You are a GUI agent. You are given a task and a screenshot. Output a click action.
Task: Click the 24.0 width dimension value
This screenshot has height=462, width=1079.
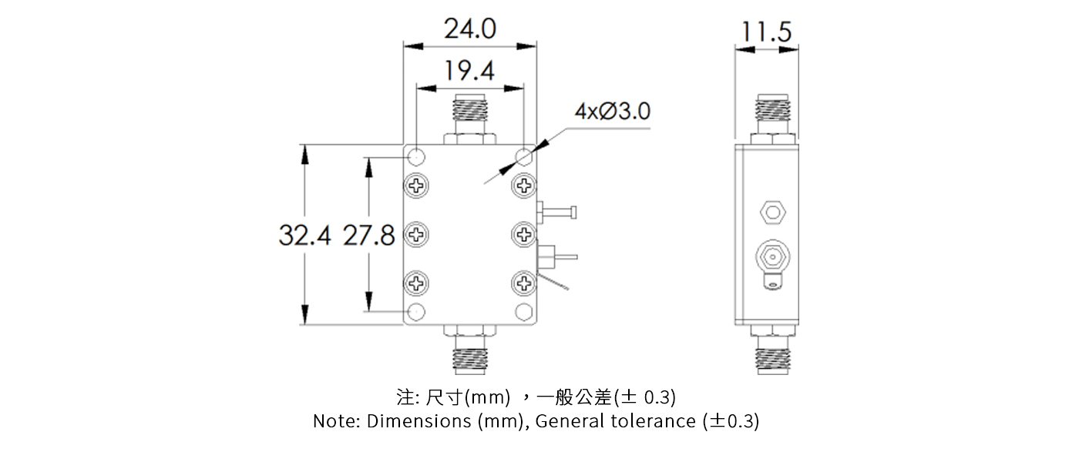(x=469, y=29)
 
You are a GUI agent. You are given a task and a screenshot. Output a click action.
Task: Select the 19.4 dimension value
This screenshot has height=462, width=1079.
(x=469, y=71)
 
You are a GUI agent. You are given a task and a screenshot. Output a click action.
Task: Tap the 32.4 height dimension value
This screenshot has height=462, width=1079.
(x=304, y=236)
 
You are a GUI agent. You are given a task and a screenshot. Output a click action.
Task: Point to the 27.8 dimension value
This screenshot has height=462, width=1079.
(x=368, y=236)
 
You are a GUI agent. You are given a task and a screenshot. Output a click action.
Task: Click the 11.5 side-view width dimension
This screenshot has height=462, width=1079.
(x=766, y=32)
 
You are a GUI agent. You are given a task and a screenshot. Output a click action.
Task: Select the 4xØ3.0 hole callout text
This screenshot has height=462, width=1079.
(x=612, y=112)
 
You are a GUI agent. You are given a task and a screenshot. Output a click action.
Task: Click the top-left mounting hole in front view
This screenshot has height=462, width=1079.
(x=416, y=157)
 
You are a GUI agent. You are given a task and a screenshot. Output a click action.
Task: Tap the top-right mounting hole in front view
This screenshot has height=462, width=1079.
(x=524, y=157)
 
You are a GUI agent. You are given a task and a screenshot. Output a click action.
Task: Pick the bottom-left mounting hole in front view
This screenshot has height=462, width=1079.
(x=416, y=311)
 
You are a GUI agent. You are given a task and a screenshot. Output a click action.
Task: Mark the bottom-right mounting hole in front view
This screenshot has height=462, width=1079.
(x=524, y=311)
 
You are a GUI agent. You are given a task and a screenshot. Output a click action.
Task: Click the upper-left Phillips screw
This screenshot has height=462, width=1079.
(x=416, y=185)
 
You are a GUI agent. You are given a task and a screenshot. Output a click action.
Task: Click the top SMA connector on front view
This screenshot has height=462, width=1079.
(x=469, y=119)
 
